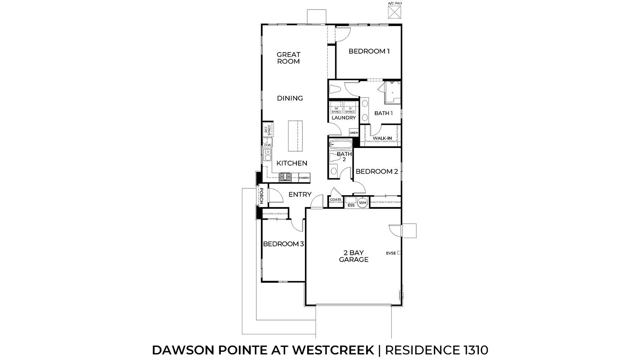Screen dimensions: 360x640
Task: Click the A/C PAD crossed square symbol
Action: tap(394, 13)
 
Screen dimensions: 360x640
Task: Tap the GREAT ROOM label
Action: tap(288, 58)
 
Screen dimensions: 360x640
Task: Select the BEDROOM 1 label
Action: tap(369, 51)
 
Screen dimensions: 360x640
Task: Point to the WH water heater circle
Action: tap(362, 203)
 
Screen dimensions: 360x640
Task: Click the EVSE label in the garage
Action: tap(391, 253)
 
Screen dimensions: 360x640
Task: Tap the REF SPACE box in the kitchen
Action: tap(268, 130)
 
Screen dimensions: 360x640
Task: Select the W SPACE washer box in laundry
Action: tap(336, 109)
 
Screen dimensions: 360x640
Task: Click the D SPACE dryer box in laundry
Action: tap(350, 109)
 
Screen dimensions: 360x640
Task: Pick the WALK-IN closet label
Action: tap(382, 138)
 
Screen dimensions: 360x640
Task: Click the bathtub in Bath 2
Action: tap(340, 144)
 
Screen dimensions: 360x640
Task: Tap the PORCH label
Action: tap(261, 196)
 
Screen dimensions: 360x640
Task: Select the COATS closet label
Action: tap(335, 200)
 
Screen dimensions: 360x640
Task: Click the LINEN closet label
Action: tap(354, 132)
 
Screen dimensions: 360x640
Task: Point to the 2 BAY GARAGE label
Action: tap(354, 256)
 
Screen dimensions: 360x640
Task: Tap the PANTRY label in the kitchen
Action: tap(305, 178)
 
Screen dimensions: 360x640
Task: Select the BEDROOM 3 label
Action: tap(283, 244)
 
